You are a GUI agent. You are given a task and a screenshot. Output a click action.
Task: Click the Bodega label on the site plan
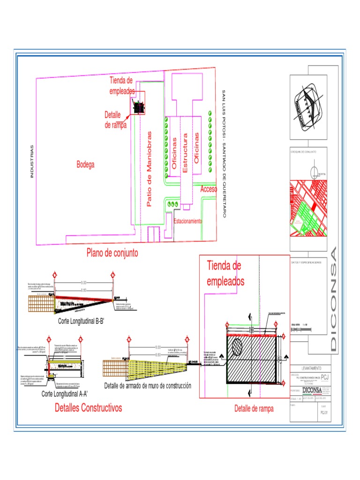(x=86, y=165)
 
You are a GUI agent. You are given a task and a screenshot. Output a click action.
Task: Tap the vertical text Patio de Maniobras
(x=150, y=169)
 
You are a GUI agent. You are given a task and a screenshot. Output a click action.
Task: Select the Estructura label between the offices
(x=185, y=153)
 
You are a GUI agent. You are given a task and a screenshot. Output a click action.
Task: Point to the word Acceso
(x=209, y=189)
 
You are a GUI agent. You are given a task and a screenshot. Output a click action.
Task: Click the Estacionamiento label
(x=187, y=221)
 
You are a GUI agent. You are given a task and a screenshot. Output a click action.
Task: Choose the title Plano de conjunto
(x=112, y=253)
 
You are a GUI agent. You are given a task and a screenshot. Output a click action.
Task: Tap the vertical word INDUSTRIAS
(x=32, y=161)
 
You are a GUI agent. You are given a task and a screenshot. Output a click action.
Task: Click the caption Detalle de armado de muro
(x=147, y=386)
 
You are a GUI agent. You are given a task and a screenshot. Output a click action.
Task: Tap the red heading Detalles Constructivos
(x=88, y=407)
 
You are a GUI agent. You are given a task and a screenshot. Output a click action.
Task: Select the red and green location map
(x=308, y=209)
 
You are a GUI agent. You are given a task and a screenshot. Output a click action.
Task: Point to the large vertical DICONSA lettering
(x=333, y=300)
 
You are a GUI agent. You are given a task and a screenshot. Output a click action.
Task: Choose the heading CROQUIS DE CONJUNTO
(x=303, y=152)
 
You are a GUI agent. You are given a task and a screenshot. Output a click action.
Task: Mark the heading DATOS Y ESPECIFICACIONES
(x=306, y=263)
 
